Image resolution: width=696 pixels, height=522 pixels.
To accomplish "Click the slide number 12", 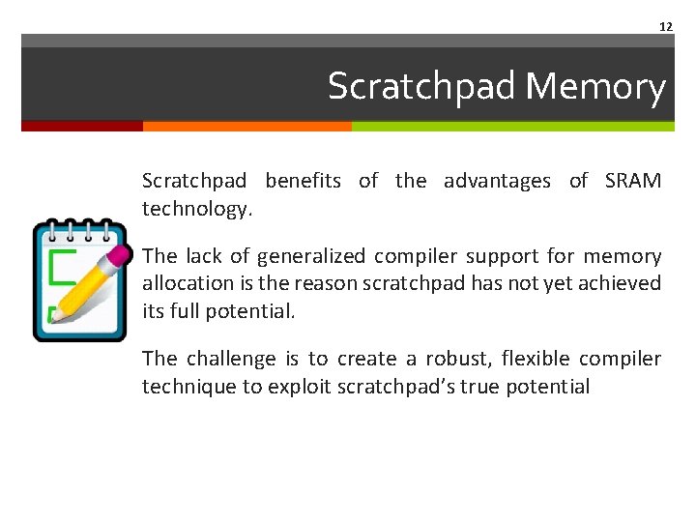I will [665, 26].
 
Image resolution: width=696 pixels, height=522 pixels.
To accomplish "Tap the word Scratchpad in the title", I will [421, 87].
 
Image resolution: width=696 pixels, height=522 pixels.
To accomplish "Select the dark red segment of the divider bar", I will [81, 126].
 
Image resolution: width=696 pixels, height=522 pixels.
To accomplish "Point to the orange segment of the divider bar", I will [246, 126].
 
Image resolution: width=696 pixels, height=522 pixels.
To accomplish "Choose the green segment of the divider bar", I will [512, 126].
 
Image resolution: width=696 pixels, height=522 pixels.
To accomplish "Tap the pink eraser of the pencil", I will [118, 255].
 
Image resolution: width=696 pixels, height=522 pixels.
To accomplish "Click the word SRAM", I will [632, 181].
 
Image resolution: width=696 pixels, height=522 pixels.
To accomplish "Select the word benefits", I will [303, 181].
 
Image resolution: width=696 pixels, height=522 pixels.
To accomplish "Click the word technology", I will [196, 208].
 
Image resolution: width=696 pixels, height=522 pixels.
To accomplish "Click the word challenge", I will [231, 359].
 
